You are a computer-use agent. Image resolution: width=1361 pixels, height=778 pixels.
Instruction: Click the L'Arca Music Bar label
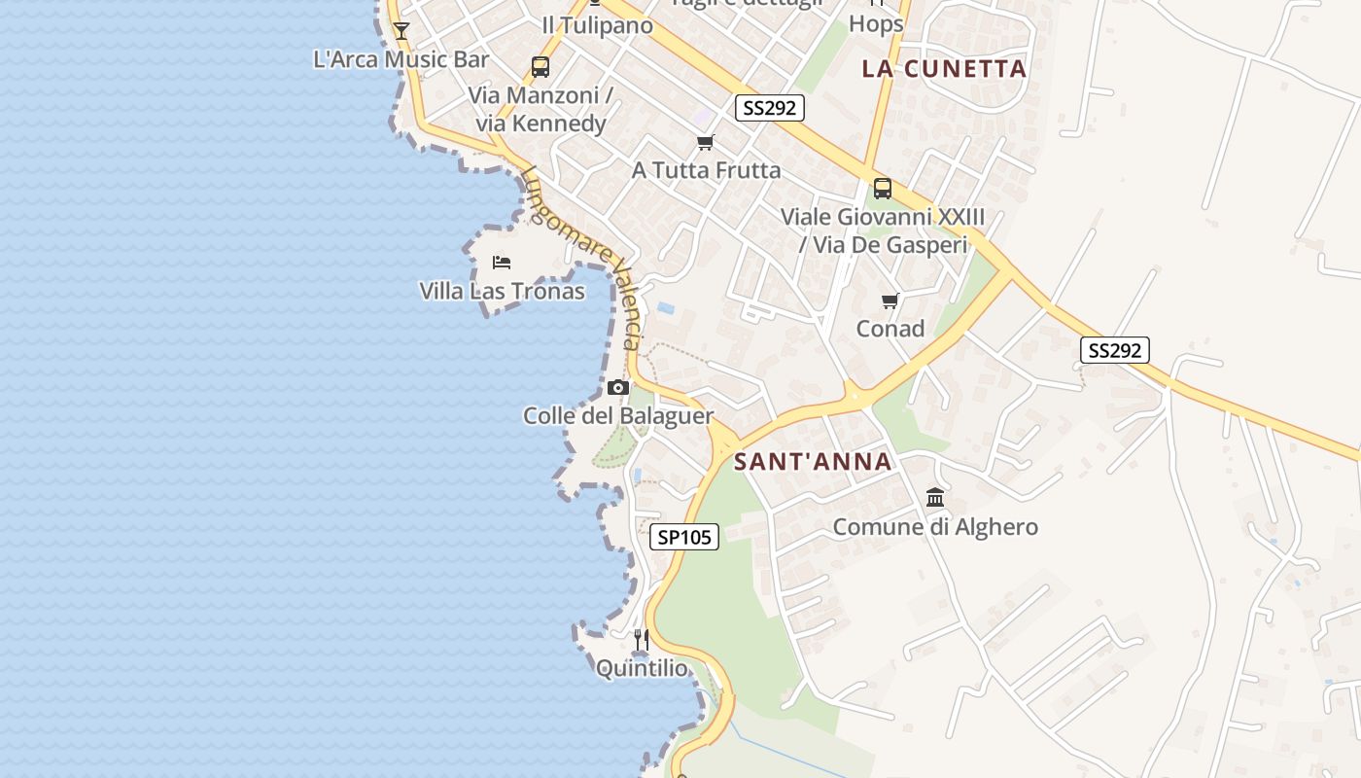click(401, 59)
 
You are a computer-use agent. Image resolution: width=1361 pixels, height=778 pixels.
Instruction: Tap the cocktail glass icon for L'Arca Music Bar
click(401, 30)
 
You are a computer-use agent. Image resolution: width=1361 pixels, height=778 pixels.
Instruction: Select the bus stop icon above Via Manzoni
click(540, 67)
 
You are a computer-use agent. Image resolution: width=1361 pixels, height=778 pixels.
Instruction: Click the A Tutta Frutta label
click(706, 170)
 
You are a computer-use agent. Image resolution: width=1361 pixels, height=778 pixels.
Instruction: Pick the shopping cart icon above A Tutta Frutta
click(706, 143)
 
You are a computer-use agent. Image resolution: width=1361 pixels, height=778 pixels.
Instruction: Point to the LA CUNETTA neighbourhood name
click(944, 68)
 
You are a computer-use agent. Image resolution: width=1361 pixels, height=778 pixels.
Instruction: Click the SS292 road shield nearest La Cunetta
click(769, 108)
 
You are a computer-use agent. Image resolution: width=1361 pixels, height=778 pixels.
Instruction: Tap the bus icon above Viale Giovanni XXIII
click(883, 189)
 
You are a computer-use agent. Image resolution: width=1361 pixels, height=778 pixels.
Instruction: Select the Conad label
click(890, 329)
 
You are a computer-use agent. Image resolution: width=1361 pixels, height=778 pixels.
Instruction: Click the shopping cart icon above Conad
click(890, 301)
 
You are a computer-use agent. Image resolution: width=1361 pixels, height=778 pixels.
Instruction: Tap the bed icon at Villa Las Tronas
click(502, 263)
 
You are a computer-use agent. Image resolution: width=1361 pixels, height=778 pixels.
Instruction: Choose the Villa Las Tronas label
click(502, 291)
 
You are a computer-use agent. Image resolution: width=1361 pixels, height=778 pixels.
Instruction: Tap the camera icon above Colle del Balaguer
click(617, 387)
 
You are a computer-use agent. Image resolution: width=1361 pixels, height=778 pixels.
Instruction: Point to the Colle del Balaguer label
click(618, 416)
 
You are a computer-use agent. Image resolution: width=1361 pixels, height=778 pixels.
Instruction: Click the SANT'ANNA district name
click(813, 461)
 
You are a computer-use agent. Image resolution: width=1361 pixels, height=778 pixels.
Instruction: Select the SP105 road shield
click(684, 537)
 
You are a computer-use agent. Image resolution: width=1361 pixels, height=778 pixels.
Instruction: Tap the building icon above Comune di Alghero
click(935, 498)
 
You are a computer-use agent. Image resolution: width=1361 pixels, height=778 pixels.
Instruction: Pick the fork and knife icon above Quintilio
click(642, 639)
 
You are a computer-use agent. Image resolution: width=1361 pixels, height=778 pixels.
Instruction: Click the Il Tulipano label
click(597, 25)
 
